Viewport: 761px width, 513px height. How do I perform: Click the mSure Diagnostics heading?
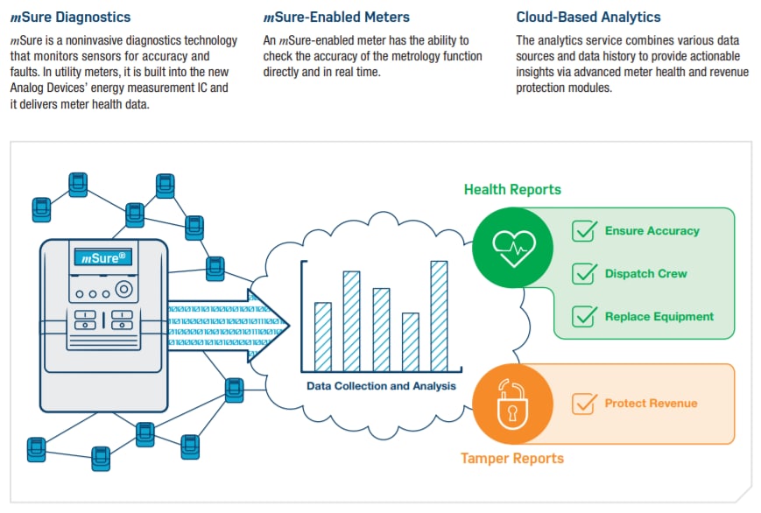pyautogui.click(x=70, y=17)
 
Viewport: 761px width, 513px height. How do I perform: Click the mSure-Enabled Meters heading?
pyautogui.click(x=336, y=17)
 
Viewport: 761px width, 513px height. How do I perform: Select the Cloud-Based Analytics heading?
pyautogui.click(x=588, y=17)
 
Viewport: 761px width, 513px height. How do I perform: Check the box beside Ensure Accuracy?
pyautogui.click(x=584, y=231)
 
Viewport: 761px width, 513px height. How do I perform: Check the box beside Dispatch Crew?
pyautogui.click(x=584, y=274)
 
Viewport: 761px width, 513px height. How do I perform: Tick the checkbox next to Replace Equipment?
pyautogui.click(x=584, y=317)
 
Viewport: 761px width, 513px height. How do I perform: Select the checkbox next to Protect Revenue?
pyautogui.click(x=584, y=404)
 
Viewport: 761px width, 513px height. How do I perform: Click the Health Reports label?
pyautogui.click(x=512, y=189)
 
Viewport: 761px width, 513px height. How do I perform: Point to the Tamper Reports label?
pyautogui.click(x=512, y=458)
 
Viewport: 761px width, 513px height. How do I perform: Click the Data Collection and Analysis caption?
pyautogui.click(x=381, y=385)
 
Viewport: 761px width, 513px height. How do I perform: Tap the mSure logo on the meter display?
pyautogui.click(x=104, y=257)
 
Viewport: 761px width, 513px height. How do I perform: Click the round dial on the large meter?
pyautogui.click(x=124, y=288)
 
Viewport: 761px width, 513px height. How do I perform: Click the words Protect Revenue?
pyautogui.click(x=651, y=404)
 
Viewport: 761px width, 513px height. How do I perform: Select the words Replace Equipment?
pyautogui.click(x=659, y=317)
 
